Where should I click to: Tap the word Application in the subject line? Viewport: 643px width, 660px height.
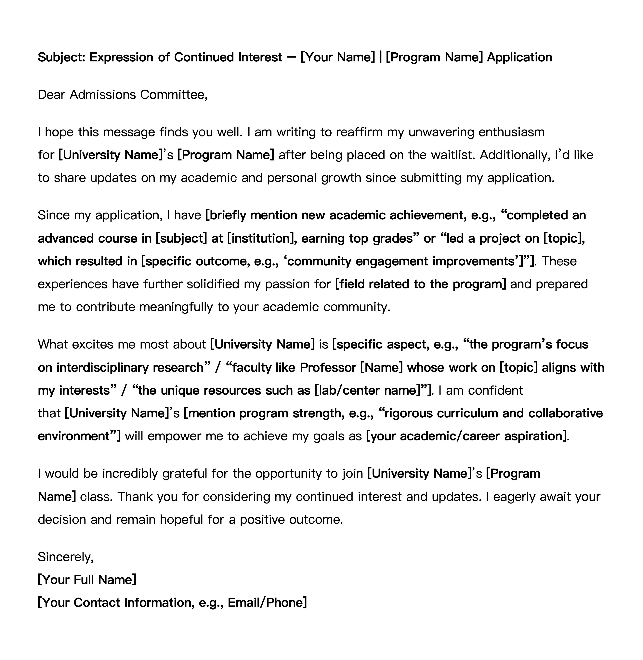point(519,57)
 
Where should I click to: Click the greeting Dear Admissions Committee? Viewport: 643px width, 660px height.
point(123,95)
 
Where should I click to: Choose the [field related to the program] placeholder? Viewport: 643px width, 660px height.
point(420,284)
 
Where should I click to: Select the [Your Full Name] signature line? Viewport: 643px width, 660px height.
point(87,580)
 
